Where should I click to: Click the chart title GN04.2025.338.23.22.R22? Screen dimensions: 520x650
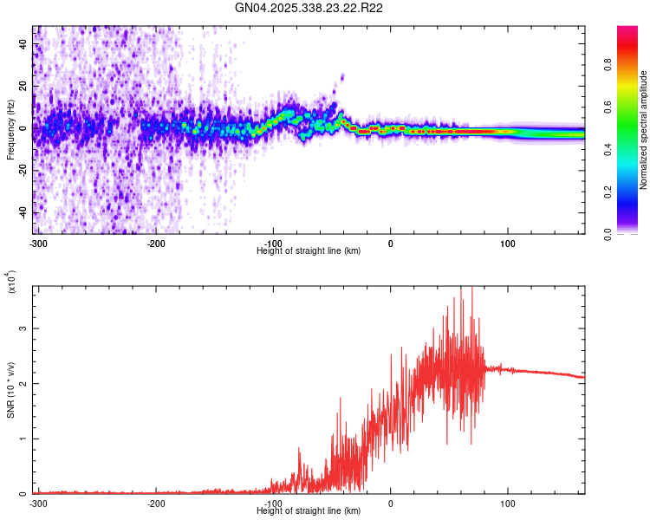309,8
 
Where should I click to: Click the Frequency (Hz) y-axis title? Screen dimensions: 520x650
10,130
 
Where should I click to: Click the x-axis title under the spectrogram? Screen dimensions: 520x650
309,250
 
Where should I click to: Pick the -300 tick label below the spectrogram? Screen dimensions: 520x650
38,243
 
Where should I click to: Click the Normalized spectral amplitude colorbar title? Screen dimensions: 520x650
643,130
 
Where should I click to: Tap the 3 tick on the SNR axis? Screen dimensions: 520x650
24,329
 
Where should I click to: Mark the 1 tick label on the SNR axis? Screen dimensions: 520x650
24,439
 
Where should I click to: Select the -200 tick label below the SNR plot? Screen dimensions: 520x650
156,503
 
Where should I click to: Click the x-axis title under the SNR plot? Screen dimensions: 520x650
309,510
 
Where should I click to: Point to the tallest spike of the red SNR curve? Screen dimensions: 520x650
460,289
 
